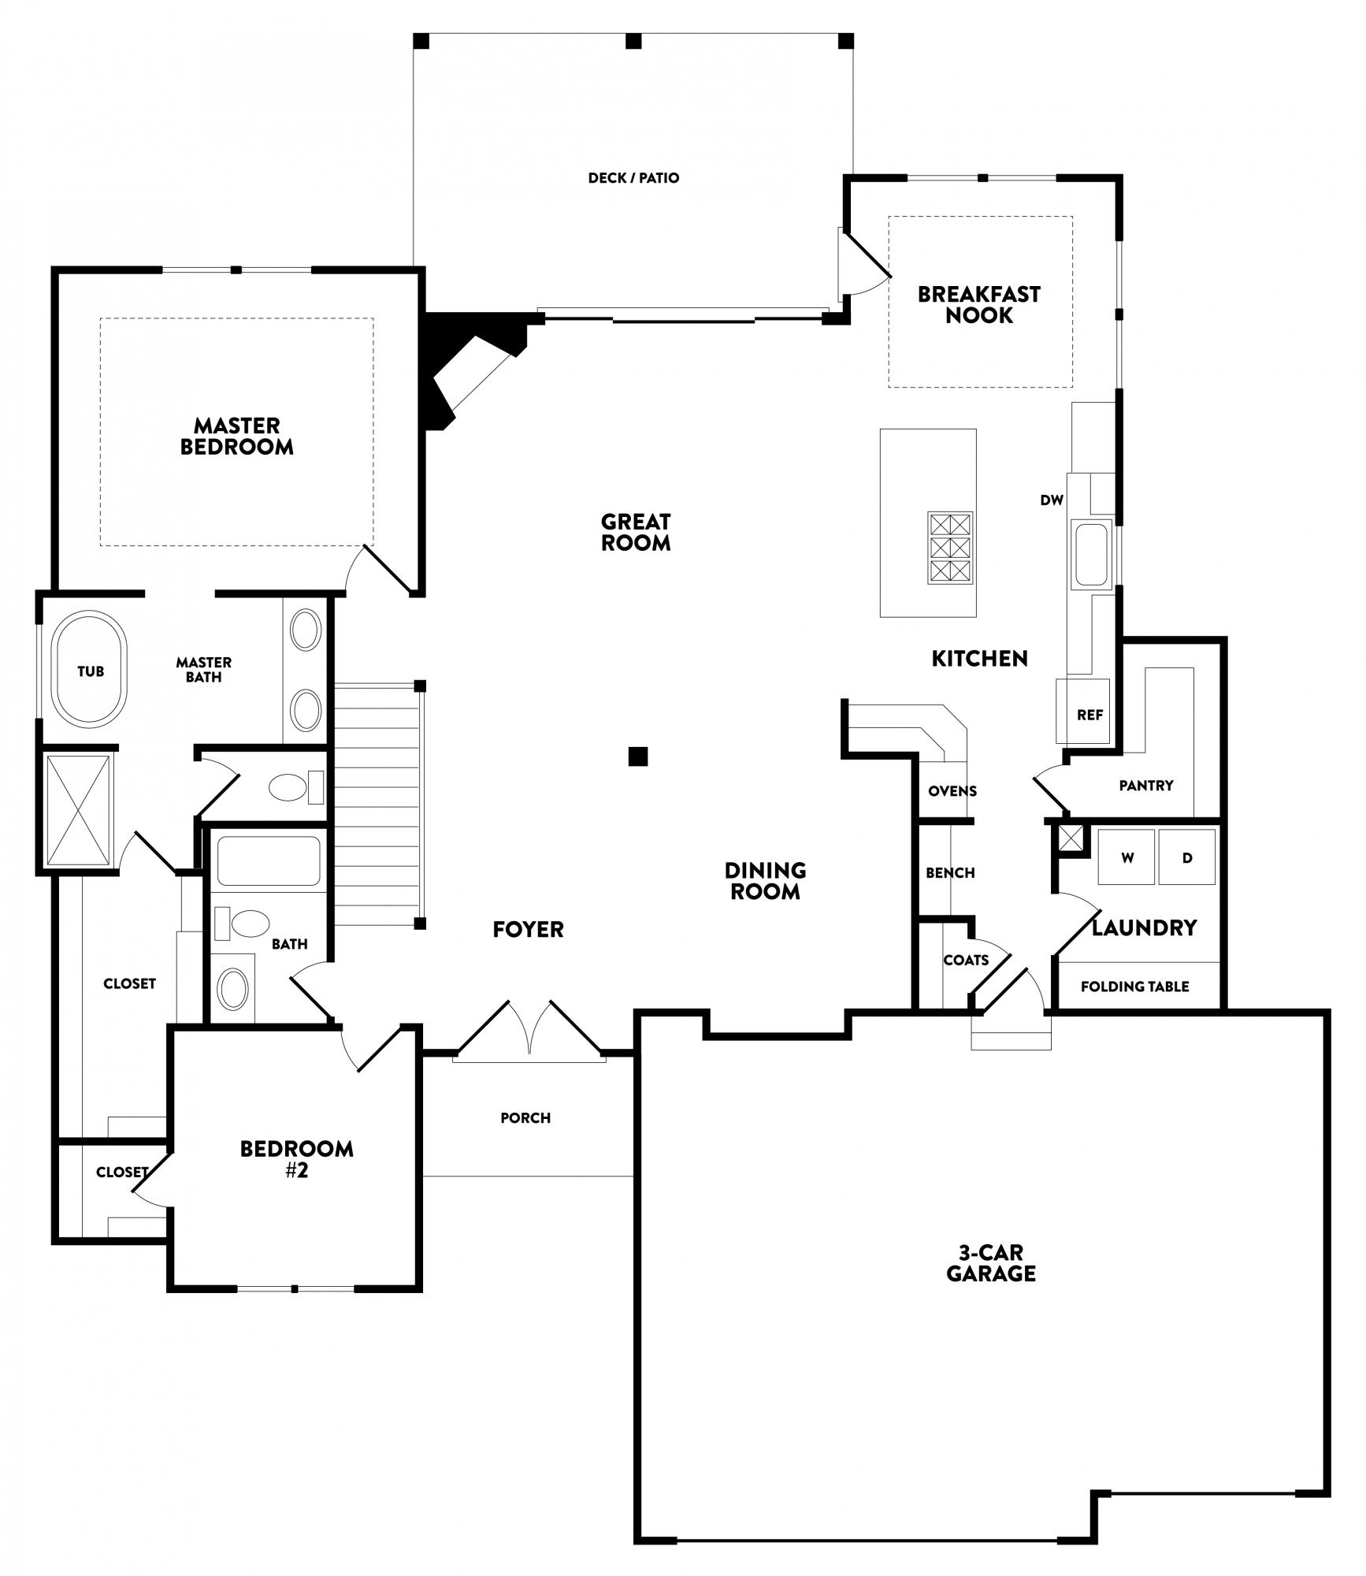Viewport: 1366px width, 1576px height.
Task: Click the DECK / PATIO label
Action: pos(633,178)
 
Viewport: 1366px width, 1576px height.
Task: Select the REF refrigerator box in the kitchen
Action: pos(1083,712)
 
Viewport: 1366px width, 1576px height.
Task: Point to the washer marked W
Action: pos(1127,857)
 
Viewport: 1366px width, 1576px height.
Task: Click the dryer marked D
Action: pos(1186,857)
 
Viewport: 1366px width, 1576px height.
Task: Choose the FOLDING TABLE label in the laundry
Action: pos(1134,987)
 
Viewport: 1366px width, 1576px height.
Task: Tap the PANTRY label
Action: pos(1145,786)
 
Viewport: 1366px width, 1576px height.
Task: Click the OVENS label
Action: pos(952,791)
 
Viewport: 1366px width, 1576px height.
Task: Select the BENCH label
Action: pos(950,873)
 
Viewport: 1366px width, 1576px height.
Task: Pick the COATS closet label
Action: pos(966,961)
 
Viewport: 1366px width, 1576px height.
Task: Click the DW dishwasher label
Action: pos(1052,500)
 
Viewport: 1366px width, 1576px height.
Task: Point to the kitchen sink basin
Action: pos(1091,554)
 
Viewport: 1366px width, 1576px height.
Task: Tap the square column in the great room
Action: pos(638,756)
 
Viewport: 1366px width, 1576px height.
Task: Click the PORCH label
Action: pos(525,1118)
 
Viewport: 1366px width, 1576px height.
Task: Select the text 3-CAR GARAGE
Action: pos(991,1263)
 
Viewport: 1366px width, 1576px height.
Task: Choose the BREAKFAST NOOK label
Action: pos(979,305)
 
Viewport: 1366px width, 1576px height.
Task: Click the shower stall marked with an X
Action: pos(78,810)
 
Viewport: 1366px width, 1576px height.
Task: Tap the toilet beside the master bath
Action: pos(296,786)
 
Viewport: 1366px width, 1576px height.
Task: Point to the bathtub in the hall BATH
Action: pos(269,860)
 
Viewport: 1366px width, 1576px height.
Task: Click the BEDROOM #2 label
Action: pos(297,1159)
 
